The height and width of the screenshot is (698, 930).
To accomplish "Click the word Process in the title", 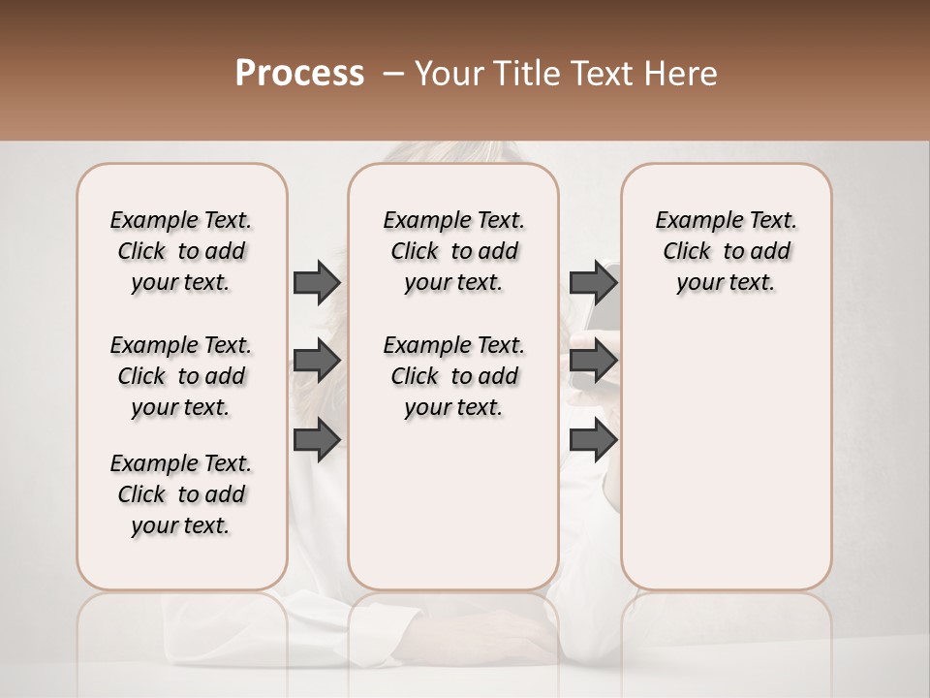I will (298, 74).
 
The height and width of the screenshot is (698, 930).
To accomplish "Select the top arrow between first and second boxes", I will (317, 282).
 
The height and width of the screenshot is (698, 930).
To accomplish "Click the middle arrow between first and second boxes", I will (317, 362).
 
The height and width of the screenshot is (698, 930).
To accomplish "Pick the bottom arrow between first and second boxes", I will (317, 439).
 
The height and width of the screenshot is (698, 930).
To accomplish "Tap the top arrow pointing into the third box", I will (594, 282).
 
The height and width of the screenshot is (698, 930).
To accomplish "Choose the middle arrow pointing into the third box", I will (594, 362).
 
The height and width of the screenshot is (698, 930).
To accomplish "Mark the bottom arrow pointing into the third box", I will (594, 439).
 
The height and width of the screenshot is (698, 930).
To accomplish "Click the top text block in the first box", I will (181, 251).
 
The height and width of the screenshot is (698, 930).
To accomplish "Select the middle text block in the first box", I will (181, 376).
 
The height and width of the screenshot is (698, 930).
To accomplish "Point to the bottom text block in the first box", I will (181, 494).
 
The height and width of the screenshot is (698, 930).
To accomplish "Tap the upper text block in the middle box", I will (454, 251).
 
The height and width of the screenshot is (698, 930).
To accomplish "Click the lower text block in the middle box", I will (454, 376).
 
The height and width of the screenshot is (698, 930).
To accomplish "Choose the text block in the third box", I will (727, 251).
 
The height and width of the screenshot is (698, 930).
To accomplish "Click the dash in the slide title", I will (393, 74).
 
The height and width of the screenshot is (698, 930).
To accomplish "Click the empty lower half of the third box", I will (727, 465).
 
